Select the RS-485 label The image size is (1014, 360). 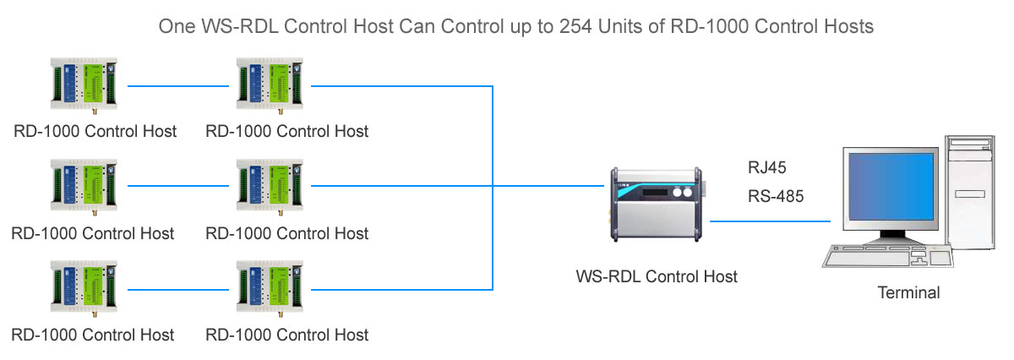pos(776,197)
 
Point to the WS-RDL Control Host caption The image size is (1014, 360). pos(657,276)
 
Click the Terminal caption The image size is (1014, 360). pos(908,293)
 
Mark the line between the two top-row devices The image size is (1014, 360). pos(178,85)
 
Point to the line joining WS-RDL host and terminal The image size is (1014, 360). pos(769,221)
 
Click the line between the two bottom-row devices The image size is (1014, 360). pos(178,288)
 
